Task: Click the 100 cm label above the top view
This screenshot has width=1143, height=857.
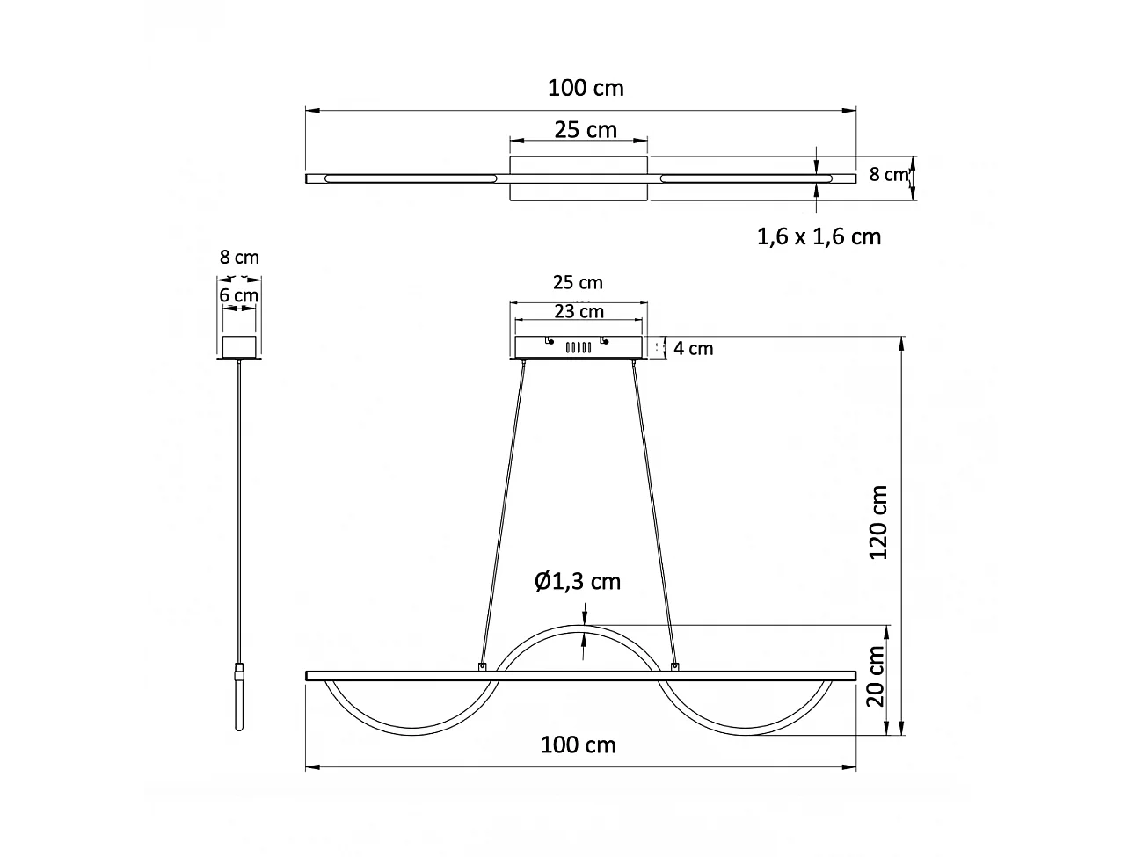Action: (x=586, y=88)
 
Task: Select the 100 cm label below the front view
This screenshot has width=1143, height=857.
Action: (x=578, y=745)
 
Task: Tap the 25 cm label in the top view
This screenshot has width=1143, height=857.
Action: (x=586, y=130)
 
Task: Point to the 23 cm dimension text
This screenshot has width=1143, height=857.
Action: (x=579, y=311)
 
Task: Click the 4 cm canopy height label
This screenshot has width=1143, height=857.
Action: (x=693, y=349)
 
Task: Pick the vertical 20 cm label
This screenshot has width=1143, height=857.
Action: (x=875, y=677)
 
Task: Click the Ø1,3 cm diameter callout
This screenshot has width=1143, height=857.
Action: (x=578, y=581)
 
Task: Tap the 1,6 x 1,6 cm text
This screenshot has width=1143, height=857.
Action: (x=819, y=236)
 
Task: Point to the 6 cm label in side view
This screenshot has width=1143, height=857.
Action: (x=238, y=295)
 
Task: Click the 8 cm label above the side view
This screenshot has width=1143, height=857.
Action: (x=239, y=258)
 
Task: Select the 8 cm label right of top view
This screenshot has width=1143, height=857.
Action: (x=888, y=174)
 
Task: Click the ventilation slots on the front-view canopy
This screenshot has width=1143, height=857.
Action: (x=577, y=348)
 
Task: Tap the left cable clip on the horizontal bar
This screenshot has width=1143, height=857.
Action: (x=481, y=667)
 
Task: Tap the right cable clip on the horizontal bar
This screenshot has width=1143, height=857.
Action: (x=674, y=667)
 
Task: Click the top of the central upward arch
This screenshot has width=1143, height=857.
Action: (x=580, y=628)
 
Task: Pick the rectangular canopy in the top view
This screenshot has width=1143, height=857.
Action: (x=579, y=179)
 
